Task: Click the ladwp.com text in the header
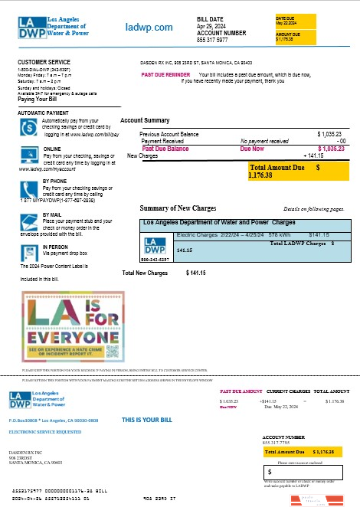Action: [149, 27]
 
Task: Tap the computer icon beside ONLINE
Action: [28, 153]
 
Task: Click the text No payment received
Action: [264, 141]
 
